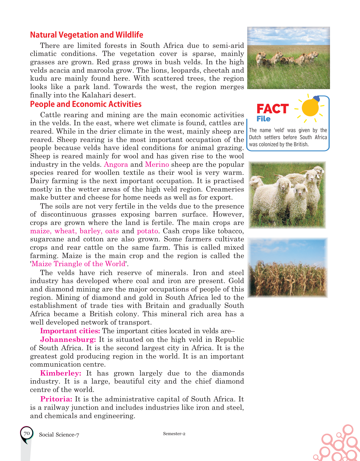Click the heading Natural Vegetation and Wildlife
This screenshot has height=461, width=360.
pyautogui.click(x=86, y=35)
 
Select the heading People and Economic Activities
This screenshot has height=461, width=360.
pyautogui.click(x=86, y=104)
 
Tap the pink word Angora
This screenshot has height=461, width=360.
pyautogui.click(x=116, y=165)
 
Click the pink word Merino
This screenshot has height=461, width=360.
pyautogui.click(x=157, y=165)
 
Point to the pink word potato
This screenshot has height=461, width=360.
pyautogui.click(x=147, y=231)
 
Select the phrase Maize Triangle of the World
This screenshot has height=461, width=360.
pyautogui.click(x=78, y=264)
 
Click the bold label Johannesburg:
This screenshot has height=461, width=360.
pyautogui.click(x=68, y=340)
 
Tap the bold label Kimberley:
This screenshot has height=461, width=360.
pyautogui.click(x=61, y=373)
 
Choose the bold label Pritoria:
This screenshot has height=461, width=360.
pyautogui.click(x=56, y=399)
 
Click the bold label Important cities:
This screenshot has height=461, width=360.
pyautogui.click(x=70, y=331)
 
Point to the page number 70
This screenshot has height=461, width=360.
pyautogui.click(x=27, y=434)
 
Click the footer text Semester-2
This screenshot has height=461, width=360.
pyautogui.click(x=174, y=434)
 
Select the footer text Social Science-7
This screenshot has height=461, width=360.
pyautogui.click(x=59, y=435)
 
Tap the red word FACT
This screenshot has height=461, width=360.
pyautogui.click(x=272, y=109)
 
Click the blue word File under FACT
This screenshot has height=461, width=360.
pyautogui.click(x=263, y=119)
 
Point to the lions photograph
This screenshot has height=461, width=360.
pyautogui.click(x=288, y=58)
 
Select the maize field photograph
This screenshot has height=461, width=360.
pyautogui.click(x=287, y=268)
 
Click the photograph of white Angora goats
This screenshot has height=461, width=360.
pyautogui.click(x=287, y=195)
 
